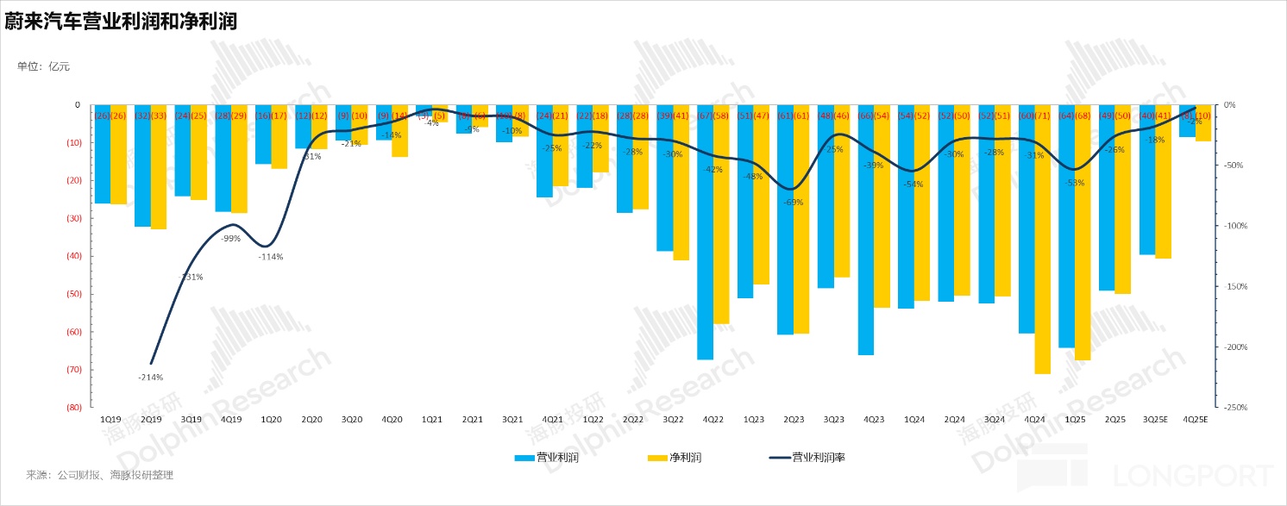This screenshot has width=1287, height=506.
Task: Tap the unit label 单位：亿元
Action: point(43,66)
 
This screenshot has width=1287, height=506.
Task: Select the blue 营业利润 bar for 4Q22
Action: point(706,233)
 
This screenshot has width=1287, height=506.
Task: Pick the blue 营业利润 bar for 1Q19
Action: point(103,155)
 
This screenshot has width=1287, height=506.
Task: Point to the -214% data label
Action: point(150,377)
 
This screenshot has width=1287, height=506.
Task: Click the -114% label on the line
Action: point(271,256)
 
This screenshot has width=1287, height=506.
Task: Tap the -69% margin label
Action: point(794,203)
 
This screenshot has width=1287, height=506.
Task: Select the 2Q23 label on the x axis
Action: point(794,420)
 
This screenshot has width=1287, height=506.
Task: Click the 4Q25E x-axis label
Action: point(1195,420)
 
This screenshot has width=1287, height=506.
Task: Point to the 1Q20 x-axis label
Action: point(271,420)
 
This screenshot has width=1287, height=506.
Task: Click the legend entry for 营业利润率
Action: point(806,458)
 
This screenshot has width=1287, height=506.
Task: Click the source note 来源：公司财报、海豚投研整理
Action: point(99,475)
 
